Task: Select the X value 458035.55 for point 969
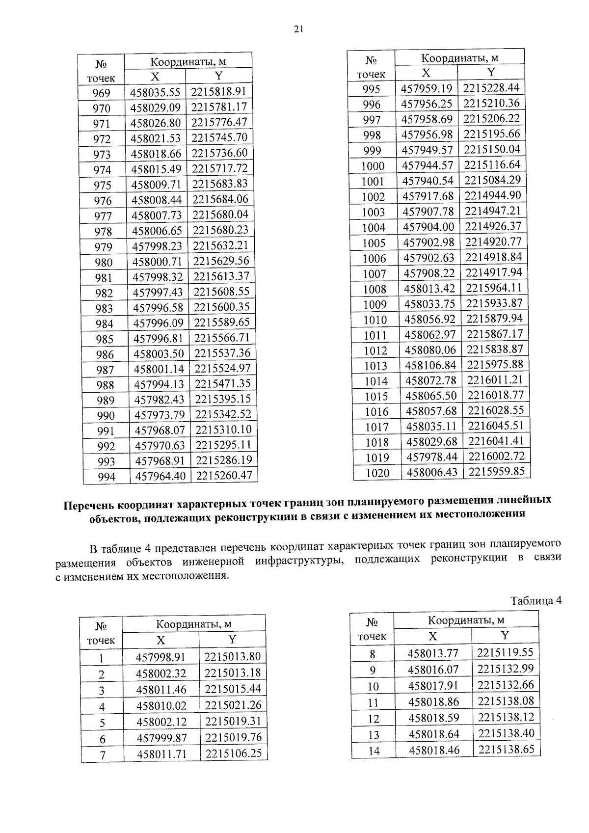coord(156,92)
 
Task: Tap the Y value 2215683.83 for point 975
coord(220,184)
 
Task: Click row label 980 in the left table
coord(104,263)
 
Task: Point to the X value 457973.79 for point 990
coord(160,415)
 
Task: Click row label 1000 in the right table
coord(373,166)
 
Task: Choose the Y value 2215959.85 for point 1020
coord(496,472)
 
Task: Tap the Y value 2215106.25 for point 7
coord(234,753)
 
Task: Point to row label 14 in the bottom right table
coord(374,751)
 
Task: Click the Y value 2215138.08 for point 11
coord(506,701)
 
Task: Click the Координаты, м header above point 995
coord(460,58)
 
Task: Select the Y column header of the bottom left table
coord(232,640)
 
